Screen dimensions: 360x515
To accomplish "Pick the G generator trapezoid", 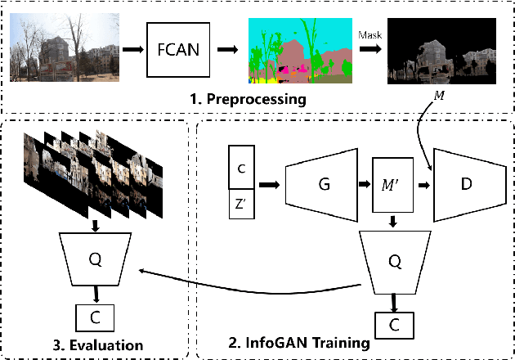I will pyautogui.click(x=322, y=185).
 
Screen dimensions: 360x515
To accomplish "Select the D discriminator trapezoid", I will pyautogui.click(x=467, y=185).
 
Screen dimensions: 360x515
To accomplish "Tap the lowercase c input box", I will pyautogui.click(x=240, y=168).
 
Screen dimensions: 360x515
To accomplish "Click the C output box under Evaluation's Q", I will pyautogui.click(x=95, y=317).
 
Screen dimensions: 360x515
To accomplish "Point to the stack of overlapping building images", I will pyautogui.click(x=93, y=172).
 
